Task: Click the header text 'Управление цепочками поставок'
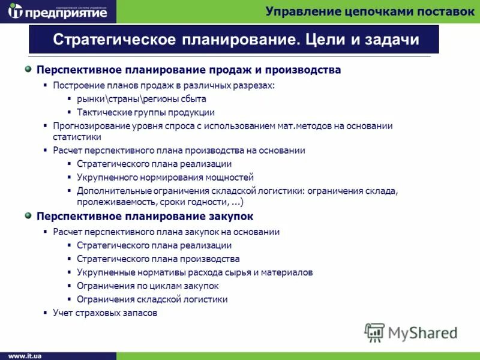point(370,11)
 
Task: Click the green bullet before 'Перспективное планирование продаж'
point(28,70)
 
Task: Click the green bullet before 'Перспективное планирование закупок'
point(28,215)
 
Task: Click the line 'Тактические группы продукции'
point(145,112)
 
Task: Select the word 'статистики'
point(76,137)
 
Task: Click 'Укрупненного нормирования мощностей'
point(165,177)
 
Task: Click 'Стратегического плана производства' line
point(158,259)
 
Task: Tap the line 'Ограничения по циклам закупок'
point(147,286)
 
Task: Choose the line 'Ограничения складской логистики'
point(152,299)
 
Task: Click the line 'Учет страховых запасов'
point(104,313)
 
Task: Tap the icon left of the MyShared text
point(374,332)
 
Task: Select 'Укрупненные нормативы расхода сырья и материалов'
point(194,272)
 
